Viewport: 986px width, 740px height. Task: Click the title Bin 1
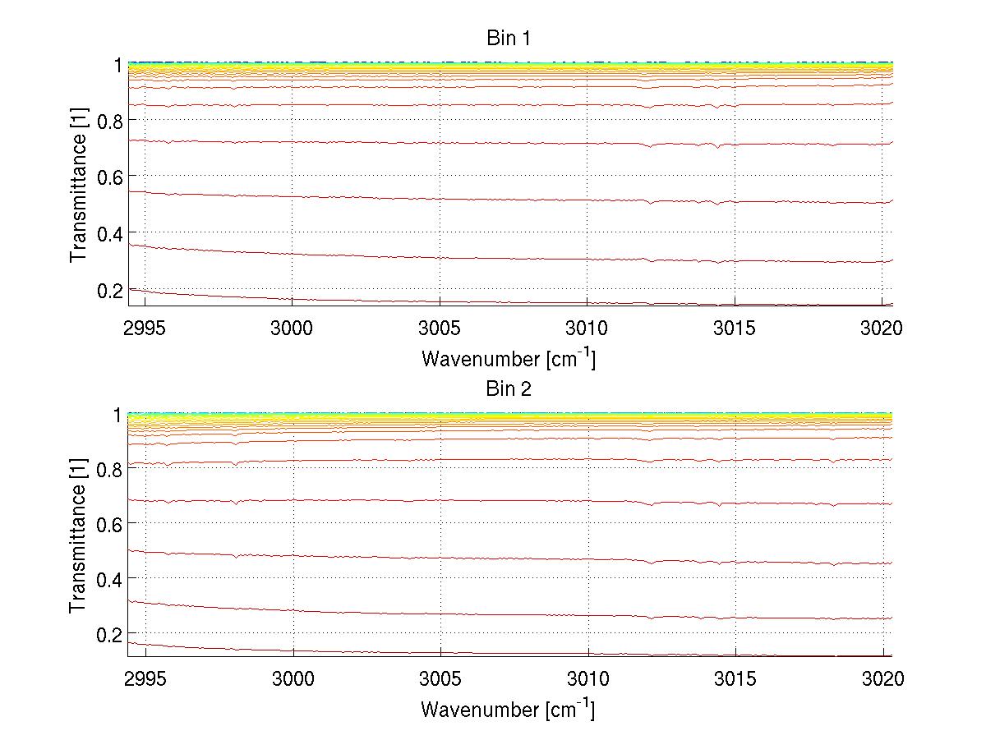tap(509, 38)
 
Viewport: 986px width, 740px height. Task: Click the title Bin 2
tap(509, 389)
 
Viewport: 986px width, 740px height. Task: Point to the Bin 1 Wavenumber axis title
tap(509, 358)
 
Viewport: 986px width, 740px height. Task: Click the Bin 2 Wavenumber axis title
tap(509, 709)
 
